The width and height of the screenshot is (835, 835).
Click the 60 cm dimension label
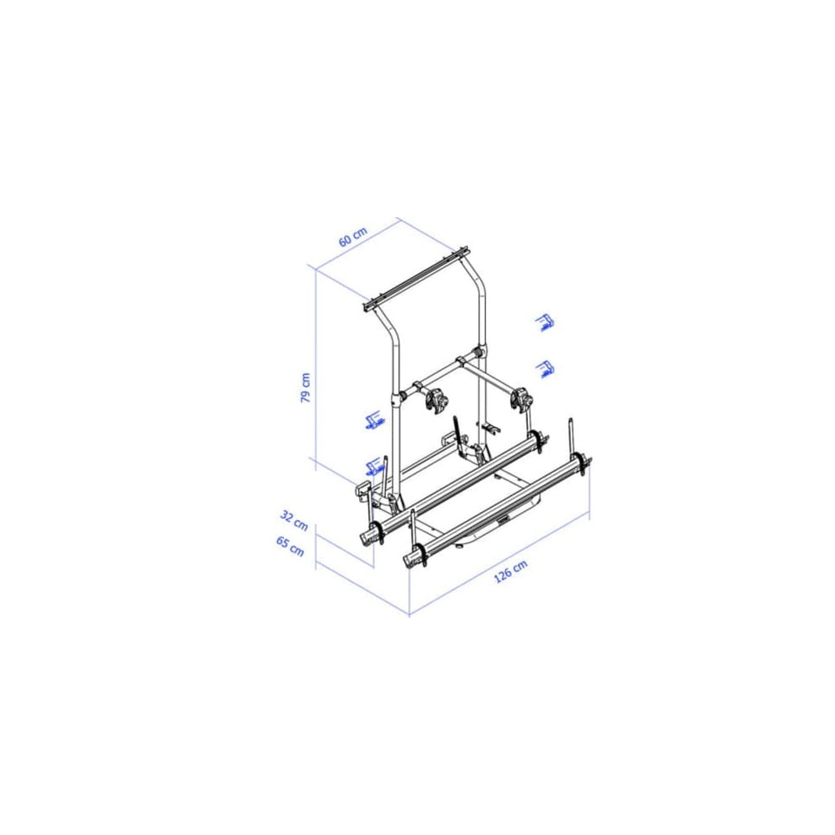pos(353,237)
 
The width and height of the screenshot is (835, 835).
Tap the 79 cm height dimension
pos(306,387)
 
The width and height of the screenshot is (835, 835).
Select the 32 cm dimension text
pos(294,520)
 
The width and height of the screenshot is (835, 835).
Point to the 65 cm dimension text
pos(291,546)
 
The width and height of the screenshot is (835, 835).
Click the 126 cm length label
pos(511,571)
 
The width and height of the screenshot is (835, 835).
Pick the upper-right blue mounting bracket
pos(544,322)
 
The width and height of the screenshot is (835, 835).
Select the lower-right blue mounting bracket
pos(544,369)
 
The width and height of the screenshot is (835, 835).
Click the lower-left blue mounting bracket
pos(374,466)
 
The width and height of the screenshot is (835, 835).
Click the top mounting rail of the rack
pos(415,280)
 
